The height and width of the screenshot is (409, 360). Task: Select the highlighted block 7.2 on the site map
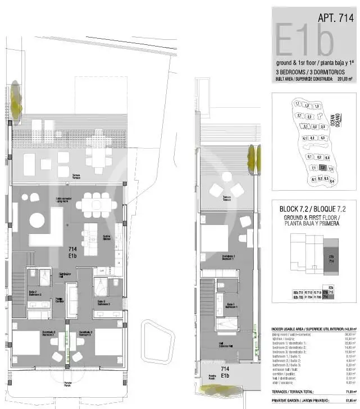coord(322,167)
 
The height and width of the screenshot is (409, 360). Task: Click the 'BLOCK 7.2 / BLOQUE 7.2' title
coord(313,209)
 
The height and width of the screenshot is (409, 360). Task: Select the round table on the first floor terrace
coord(226,177)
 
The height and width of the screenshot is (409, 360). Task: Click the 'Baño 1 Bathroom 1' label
coord(230,306)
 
